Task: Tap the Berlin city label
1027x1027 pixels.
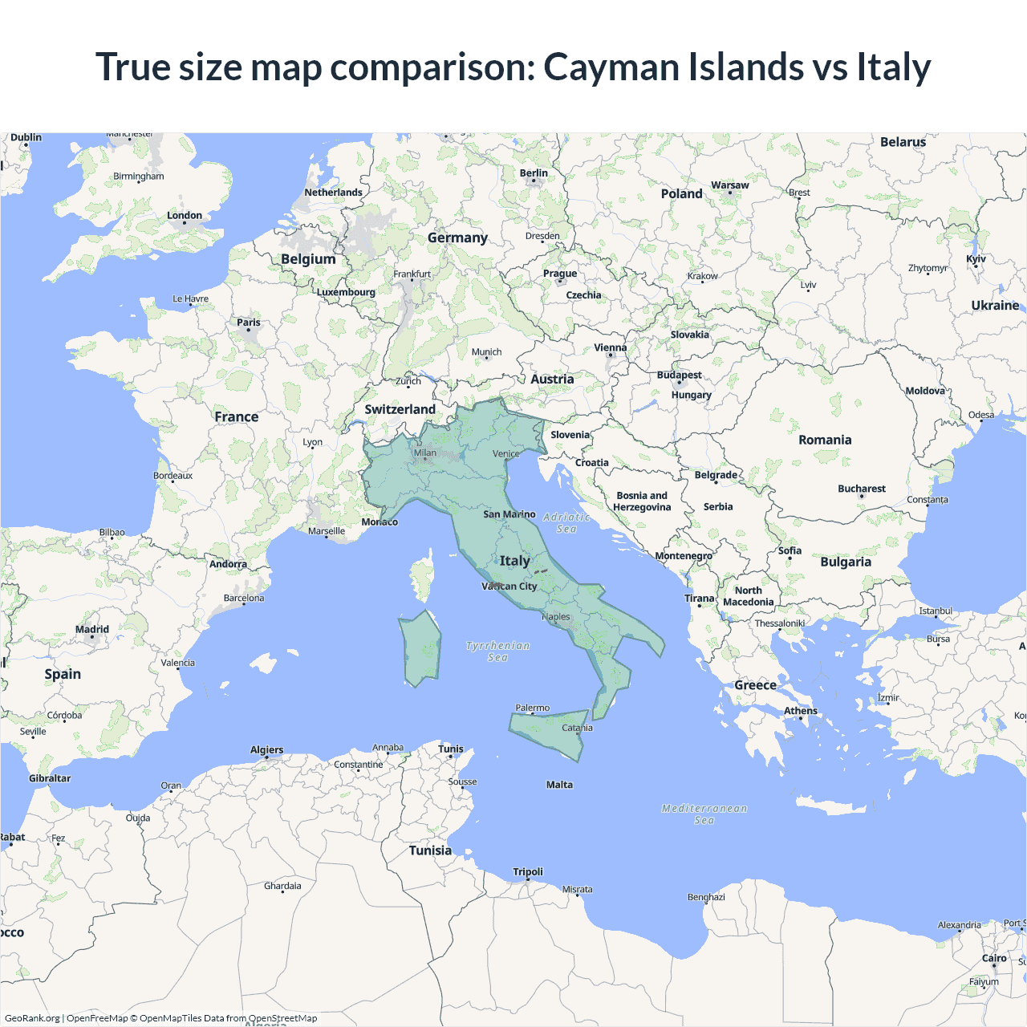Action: click(534, 173)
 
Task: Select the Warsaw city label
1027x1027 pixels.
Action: click(729, 185)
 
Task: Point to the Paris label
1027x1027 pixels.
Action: click(249, 323)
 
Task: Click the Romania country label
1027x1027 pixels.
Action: click(825, 440)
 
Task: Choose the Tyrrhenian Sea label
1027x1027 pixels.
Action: click(497, 651)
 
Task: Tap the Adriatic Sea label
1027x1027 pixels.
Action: click(566, 523)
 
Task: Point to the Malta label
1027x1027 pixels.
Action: click(559, 785)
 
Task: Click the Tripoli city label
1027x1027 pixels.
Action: click(528, 872)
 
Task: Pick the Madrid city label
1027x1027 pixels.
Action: click(92, 630)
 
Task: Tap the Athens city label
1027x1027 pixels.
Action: click(801, 711)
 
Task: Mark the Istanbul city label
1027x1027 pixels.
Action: click(936, 611)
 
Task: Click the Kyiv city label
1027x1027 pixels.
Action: click(976, 259)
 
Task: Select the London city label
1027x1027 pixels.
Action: click(185, 216)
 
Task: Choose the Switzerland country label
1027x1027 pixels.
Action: click(400, 409)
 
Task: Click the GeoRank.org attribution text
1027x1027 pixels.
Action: click(32, 1018)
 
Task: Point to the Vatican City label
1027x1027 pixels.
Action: click(509, 587)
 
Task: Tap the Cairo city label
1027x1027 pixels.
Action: click(994, 958)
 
